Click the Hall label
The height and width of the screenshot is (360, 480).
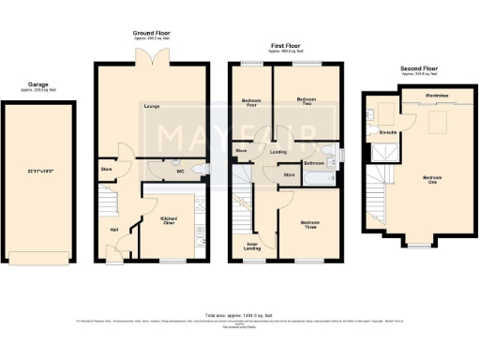coord(113,230)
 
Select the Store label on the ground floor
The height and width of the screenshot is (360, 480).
coord(106,170)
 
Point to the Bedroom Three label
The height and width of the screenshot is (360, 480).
coord(310,224)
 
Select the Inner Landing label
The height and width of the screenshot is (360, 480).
coord(252,247)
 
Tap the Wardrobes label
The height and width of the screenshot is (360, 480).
coord(436,96)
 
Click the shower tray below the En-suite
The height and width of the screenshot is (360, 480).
coord(380,150)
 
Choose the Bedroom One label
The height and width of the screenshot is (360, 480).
coord(432,180)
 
